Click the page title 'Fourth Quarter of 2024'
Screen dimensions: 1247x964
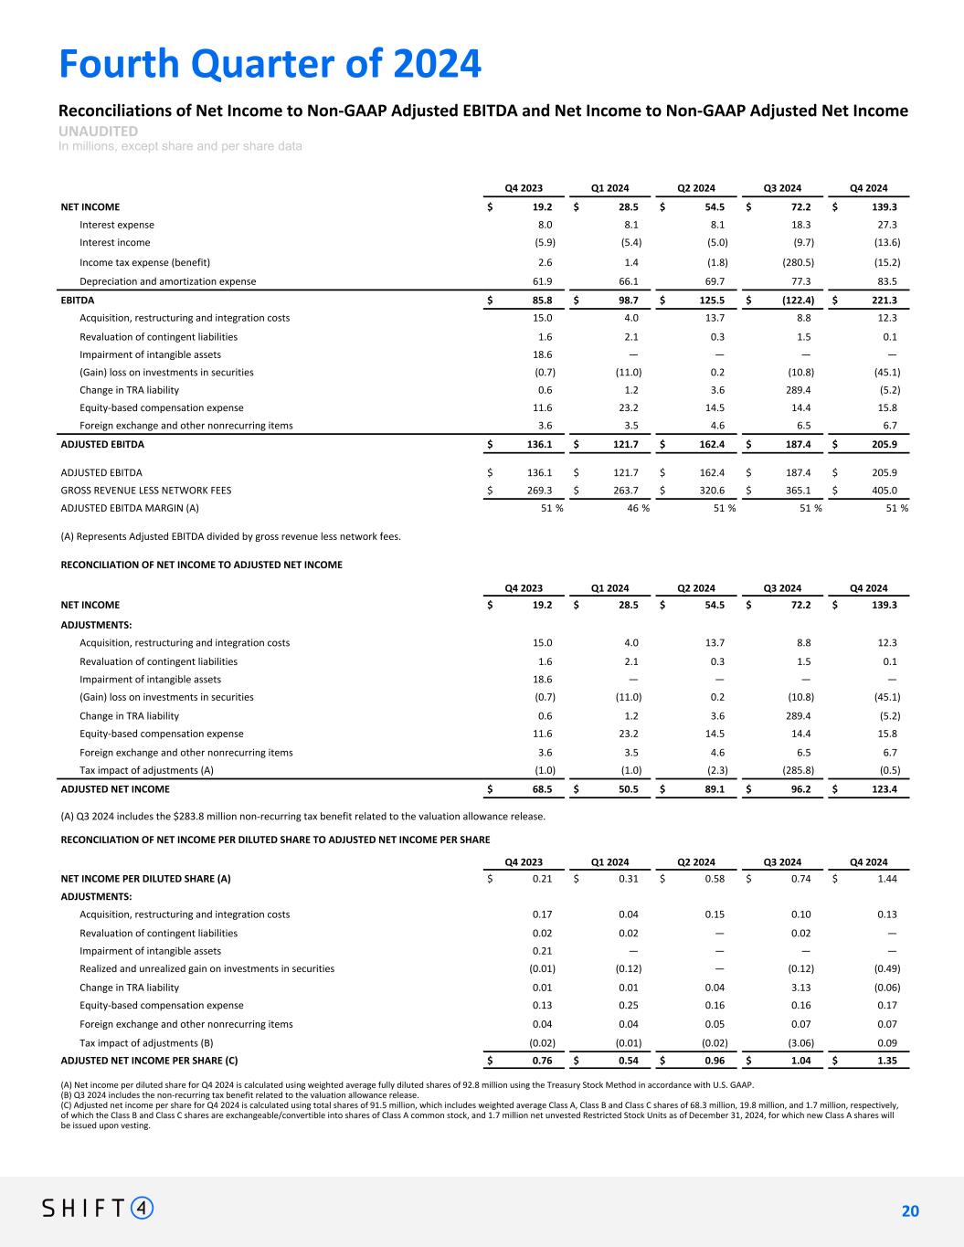(x=270, y=64)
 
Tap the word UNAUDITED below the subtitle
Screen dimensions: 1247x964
(x=98, y=132)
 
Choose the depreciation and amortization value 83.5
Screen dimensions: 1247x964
(x=886, y=281)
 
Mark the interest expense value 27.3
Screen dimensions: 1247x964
(x=886, y=225)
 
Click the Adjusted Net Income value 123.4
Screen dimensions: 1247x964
(x=884, y=788)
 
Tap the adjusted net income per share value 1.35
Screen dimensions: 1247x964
(x=886, y=1061)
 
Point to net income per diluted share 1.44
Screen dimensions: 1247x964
(x=886, y=879)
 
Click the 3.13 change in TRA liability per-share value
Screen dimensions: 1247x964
(x=800, y=988)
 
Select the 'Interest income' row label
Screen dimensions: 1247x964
(x=115, y=243)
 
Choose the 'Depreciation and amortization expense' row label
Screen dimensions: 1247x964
(x=168, y=281)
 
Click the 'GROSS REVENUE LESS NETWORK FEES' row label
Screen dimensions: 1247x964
(x=145, y=490)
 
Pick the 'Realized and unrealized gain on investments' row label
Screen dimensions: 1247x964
(x=207, y=968)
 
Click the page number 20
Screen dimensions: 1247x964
(x=909, y=1211)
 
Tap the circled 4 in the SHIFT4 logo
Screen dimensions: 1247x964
(x=143, y=1208)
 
